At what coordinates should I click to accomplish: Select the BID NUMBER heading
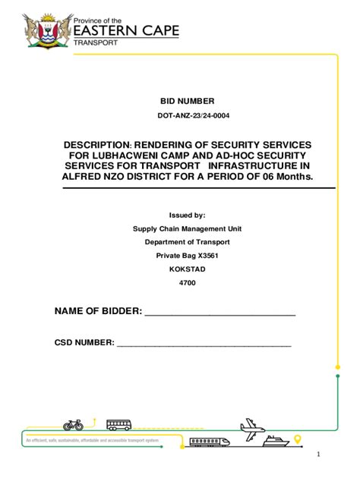(187, 101)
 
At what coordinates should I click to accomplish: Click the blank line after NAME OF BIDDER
(219, 313)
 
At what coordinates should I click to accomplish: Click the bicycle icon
(74, 426)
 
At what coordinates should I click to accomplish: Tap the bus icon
(119, 426)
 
